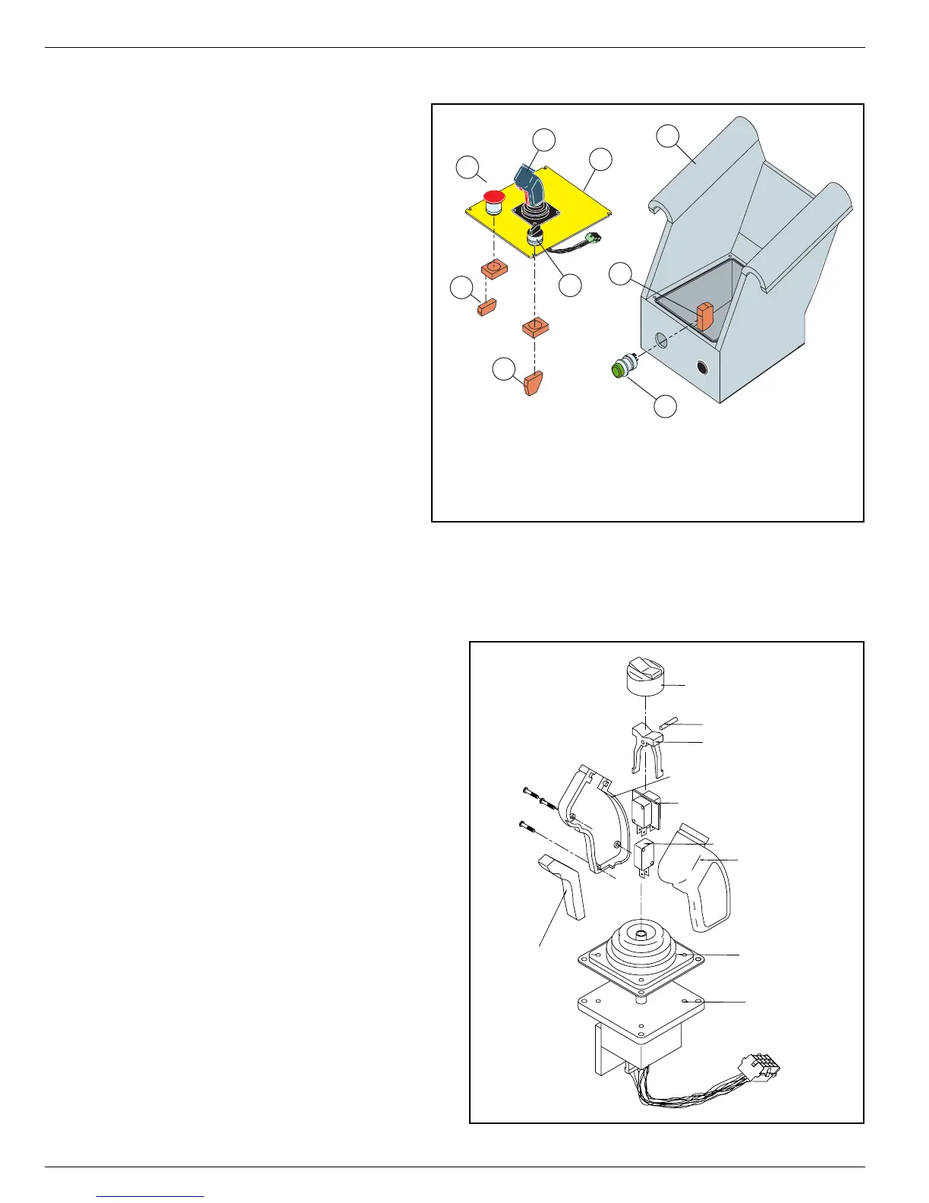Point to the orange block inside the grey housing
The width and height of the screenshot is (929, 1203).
click(x=706, y=316)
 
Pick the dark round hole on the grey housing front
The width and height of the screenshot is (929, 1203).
click(x=701, y=368)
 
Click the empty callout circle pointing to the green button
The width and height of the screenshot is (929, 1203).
click(x=665, y=406)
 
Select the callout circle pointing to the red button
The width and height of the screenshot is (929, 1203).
click(x=468, y=168)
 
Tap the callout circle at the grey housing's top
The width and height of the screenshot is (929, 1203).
click(x=667, y=137)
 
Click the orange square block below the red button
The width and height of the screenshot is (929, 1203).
click(x=494, y=269)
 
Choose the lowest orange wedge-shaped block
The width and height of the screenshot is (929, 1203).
click(x=533, y=383)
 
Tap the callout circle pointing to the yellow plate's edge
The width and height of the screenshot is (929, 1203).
click(x=600, y=159)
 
